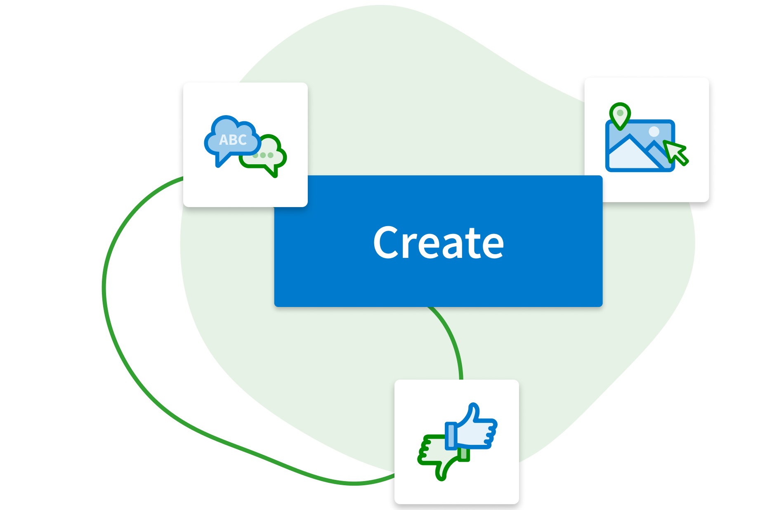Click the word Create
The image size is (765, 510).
[438, 243]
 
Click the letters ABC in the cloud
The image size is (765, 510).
[233, 140]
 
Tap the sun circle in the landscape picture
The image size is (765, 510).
[654, 132]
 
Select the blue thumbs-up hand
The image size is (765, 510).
[475, 429]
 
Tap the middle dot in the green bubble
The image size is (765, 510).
[263, 155]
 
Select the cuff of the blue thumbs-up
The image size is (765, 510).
[450, 435]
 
